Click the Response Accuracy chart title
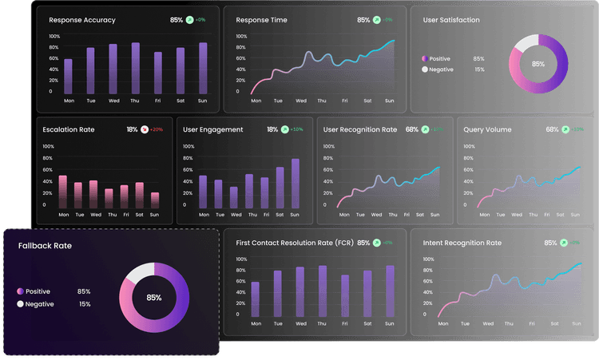(x=81, y=20)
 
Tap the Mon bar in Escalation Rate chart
(x=63, y=192)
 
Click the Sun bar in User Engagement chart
(x=295, y=183)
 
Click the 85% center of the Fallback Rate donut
(x=154, y=298)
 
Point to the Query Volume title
(x=487, y=129)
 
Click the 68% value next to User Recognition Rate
(x=411, y=129)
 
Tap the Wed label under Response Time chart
(x=301, y=101)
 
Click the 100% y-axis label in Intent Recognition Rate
(x=428, y=259)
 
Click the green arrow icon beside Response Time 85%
(x=377, y=20)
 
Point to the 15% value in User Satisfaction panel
(x=479, y=69)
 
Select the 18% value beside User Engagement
(x=272, y=129)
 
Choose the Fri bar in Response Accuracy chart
(x=158, y=73)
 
